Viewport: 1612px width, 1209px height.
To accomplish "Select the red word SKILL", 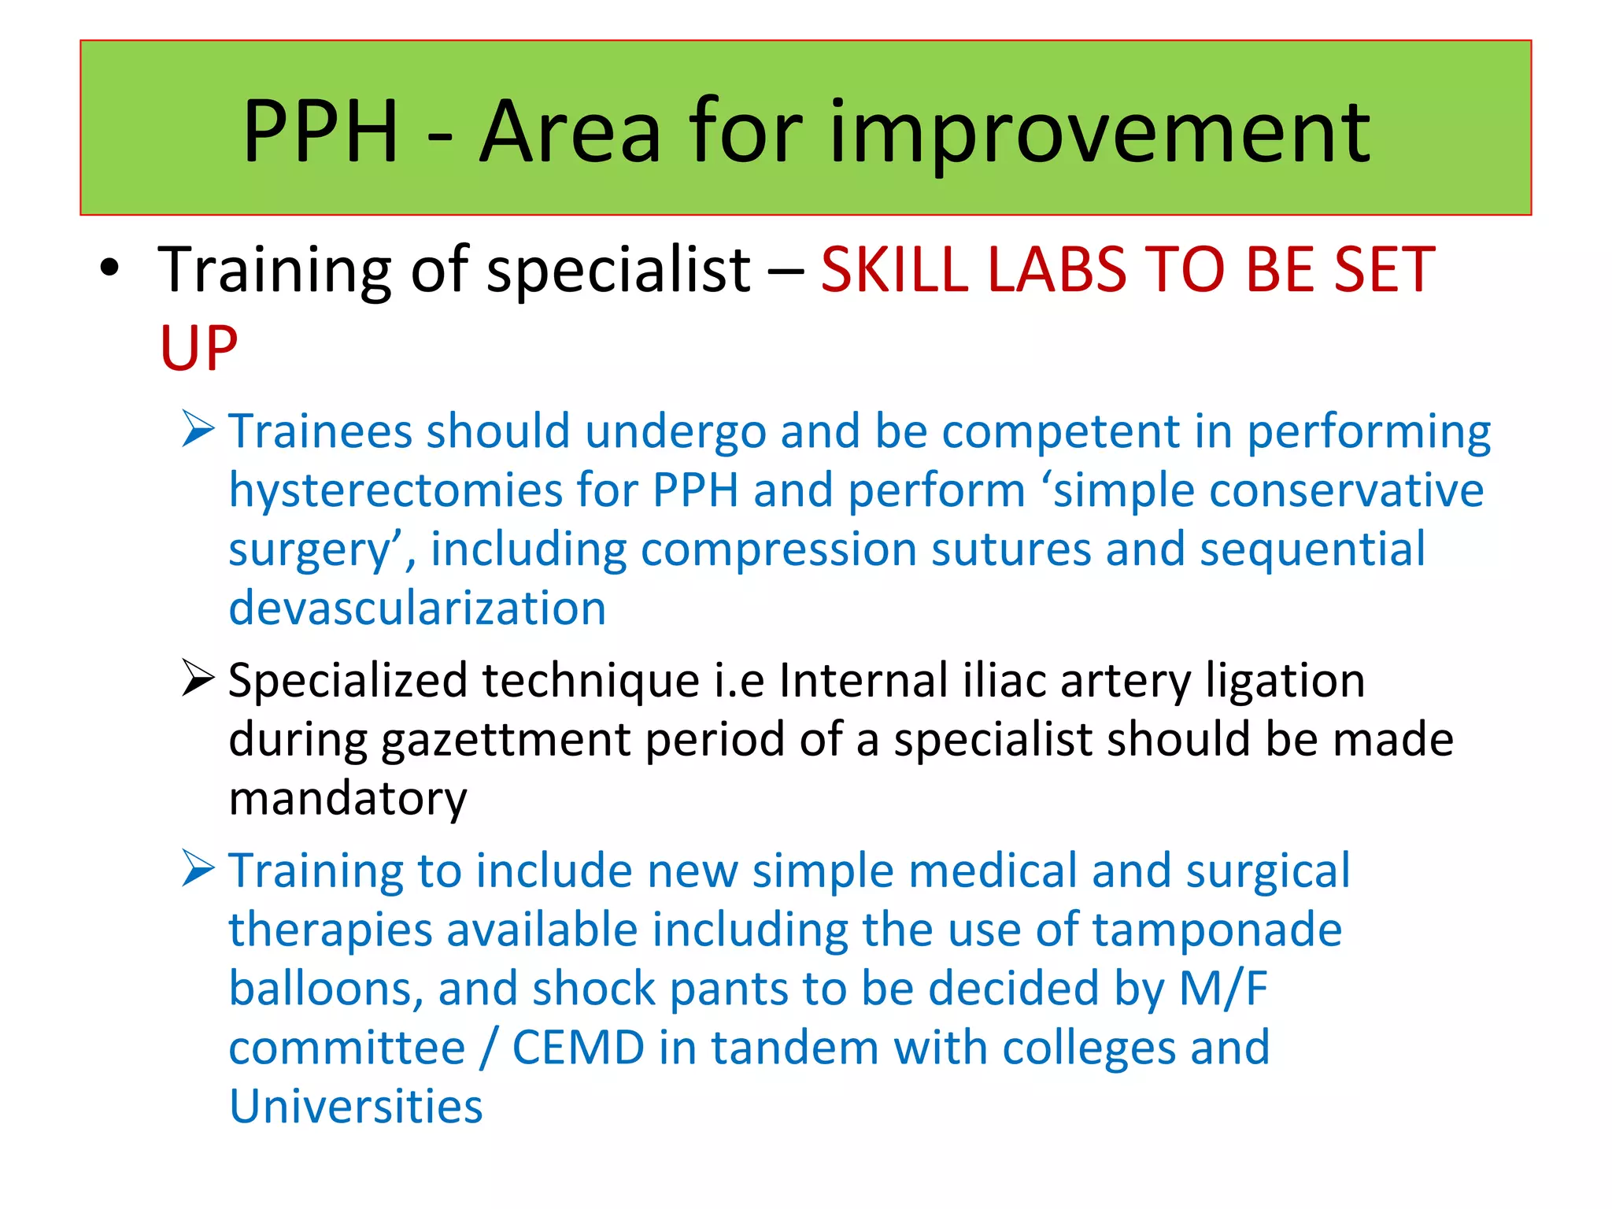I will (894, 270).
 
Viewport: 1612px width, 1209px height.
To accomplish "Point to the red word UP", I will (198, 348).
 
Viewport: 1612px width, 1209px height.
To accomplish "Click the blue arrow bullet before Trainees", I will (198, 429).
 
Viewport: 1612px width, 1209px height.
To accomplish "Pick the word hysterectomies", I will (395, 491).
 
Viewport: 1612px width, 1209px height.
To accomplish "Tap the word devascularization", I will (417, 608).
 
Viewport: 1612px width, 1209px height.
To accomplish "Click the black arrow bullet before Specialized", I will (198, 678).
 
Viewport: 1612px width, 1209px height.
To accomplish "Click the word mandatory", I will (348, 798).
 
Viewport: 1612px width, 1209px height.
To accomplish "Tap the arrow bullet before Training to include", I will (198, 868).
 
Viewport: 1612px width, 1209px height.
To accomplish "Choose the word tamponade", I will (1216, 930).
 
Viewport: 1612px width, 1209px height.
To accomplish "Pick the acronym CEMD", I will (579, 1048).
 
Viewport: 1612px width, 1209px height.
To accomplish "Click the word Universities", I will (356, 1107).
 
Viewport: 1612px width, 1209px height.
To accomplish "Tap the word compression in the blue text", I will (778, 550).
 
